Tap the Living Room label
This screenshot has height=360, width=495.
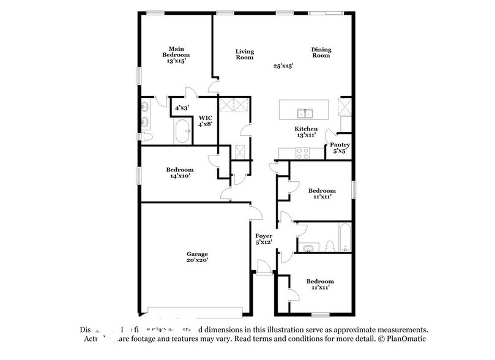(x=245, y=54)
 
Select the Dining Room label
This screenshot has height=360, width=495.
(x=321, y=53)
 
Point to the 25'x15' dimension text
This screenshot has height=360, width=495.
(x=283, y=66)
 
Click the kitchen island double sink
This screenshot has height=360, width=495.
(x=304, y=113)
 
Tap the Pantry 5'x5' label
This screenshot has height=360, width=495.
(x=340, y=148)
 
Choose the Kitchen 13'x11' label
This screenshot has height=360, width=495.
(x=306, y=132)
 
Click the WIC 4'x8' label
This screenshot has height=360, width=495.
(x=205, y=120)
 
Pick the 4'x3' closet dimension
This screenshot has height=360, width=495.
(x=182, y=108)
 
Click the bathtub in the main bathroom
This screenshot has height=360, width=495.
(x=182, y=130)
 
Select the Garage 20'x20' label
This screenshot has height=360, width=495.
(x=198, y=257)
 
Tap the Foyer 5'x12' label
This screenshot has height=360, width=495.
(x=264, y=239)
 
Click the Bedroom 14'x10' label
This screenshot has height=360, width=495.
(x=180, y=173)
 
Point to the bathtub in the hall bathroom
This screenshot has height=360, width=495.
(x=344, y=238)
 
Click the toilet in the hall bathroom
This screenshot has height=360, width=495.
(x=330, y=247)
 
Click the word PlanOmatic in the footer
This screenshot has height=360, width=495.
(x=406, y=339)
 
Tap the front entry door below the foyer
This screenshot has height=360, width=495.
(x=264, y=268)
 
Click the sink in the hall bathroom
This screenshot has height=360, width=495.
(x=307, y=247)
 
